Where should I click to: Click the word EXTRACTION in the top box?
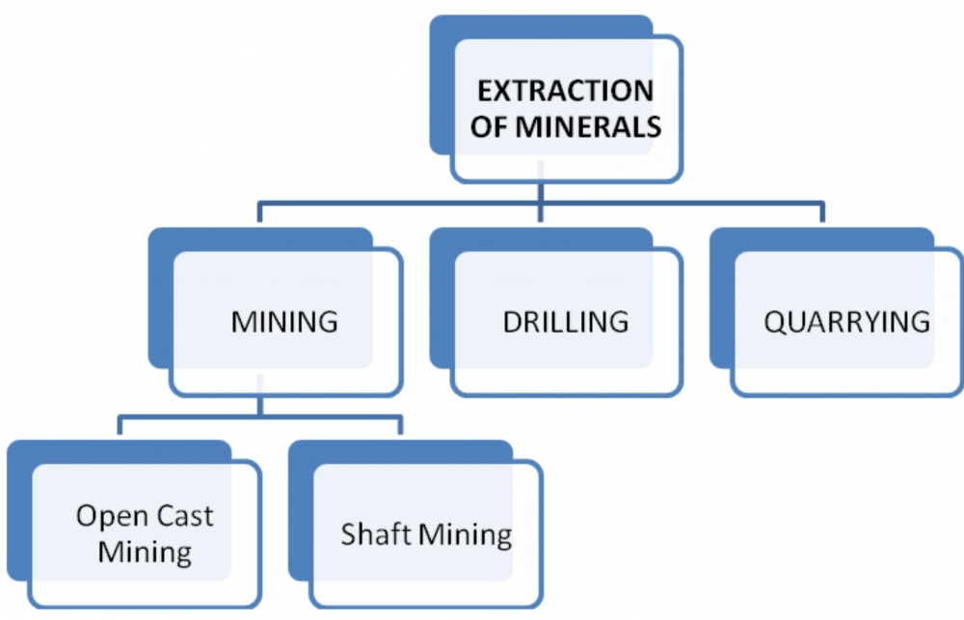[566, 91]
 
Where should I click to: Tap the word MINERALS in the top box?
[588, 126]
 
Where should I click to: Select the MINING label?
[284, 322]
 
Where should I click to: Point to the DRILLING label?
[566, 322]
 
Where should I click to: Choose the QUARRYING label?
[847, 322]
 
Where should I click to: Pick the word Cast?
[184, 516]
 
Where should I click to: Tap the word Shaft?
[376, 533]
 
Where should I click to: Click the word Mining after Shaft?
[466, 534]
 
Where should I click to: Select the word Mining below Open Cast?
[146, 552]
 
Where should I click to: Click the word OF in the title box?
[489, 126]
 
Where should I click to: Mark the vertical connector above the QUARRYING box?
[822, 212]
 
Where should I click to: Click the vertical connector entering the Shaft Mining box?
[400, 425]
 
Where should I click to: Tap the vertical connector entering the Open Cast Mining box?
[120, 425]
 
